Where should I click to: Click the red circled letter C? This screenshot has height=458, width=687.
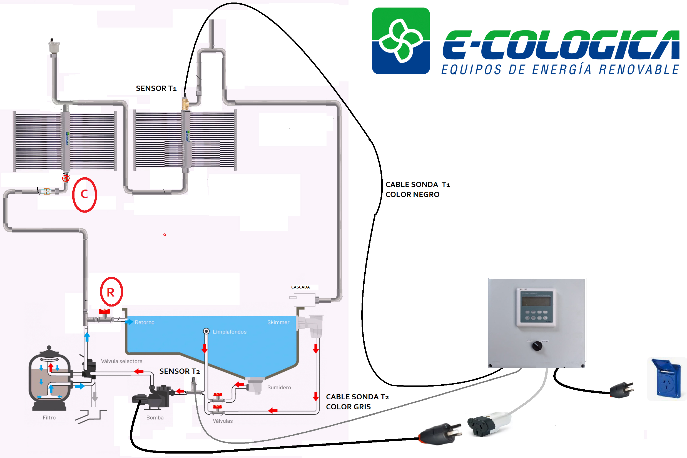point(84,195)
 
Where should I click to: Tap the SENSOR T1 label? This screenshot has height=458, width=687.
point(156,88)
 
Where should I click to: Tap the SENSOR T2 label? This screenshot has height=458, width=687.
point(179,371)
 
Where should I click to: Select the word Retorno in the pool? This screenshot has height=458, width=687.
point(145,322)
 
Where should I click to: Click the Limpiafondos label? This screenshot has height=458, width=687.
point(230,332)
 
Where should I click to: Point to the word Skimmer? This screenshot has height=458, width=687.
point(278,322)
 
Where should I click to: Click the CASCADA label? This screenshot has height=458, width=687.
point(300,287)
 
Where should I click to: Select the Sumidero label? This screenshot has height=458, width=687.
point(279,388)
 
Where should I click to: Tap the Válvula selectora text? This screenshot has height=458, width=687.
point(122,362)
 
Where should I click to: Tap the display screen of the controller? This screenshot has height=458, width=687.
point(536,301)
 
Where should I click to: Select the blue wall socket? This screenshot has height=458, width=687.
point(667,379)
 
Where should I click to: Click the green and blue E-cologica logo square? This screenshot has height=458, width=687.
point(401,41)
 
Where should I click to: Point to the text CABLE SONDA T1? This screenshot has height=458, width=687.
point(418,185)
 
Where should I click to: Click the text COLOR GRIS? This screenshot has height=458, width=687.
point(348,407)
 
